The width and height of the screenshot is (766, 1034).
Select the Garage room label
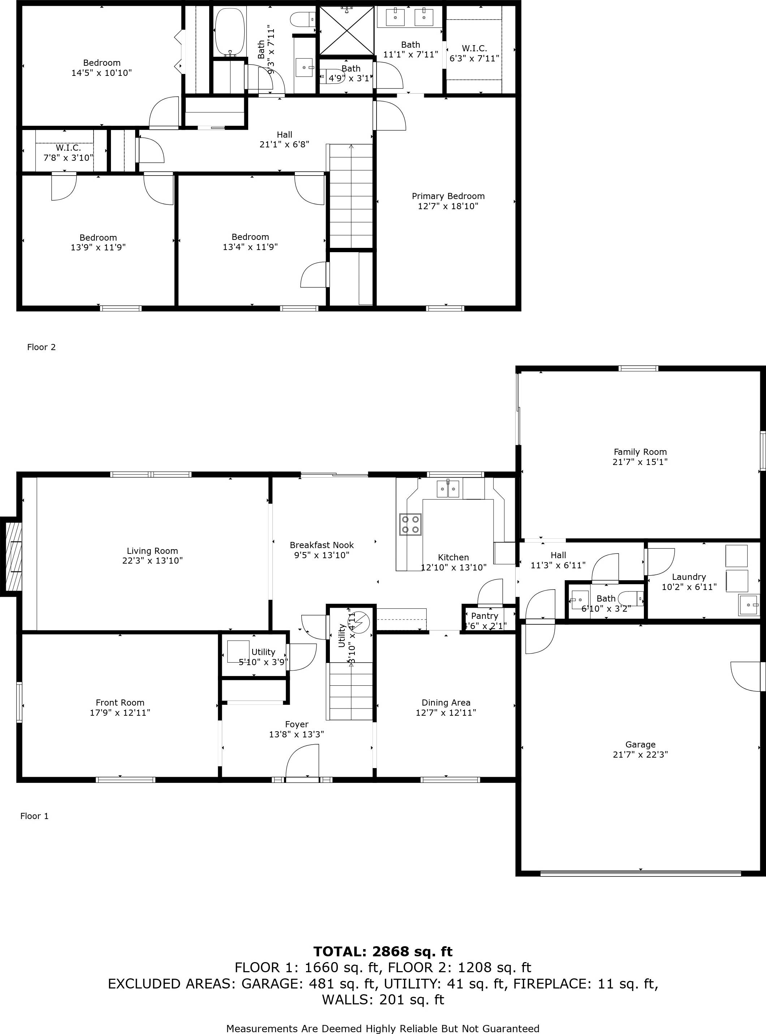click(x=640, y=744)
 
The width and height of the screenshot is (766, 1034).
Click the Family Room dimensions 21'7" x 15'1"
click(x=640, y=462)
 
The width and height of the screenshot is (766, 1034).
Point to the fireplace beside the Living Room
click(x=12, y=556)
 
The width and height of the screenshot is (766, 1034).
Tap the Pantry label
click(x=485, y=616)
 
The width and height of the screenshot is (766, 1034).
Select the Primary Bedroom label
click(x=448, y=196)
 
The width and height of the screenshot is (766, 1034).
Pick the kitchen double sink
click(x=448, y=489)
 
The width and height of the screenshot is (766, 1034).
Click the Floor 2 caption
click(x=41, y=347)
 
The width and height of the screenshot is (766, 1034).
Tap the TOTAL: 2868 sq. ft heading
click(x=383, y=952)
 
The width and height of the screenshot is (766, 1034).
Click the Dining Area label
click(x=446, y=702)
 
